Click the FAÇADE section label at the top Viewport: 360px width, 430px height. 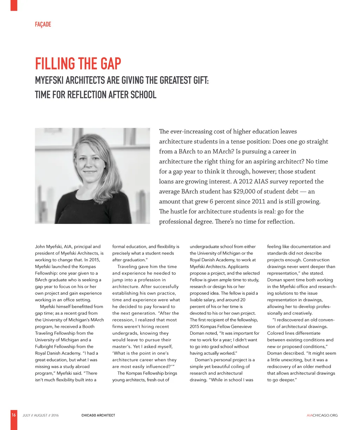click(43, 24)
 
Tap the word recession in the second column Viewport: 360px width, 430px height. click(123, 320)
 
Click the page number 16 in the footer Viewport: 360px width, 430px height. click(14, 415)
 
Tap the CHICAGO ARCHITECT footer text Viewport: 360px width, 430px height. click(98, 416)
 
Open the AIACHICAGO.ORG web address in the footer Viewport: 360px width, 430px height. click(322, 416)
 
